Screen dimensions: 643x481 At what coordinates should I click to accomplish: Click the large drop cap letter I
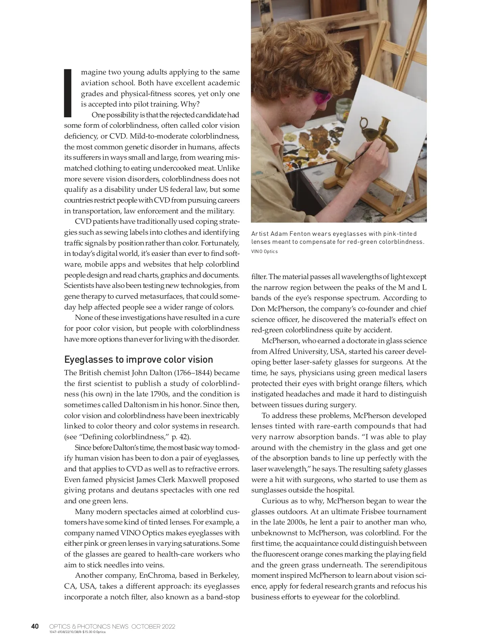[x=68, y=93]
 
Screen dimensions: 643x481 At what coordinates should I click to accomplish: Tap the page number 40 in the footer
[x=35, y=626]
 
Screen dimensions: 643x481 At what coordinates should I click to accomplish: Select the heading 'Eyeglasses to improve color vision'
[x=138, y=359]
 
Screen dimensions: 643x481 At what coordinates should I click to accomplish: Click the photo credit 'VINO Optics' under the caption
[x=264, y=251]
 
